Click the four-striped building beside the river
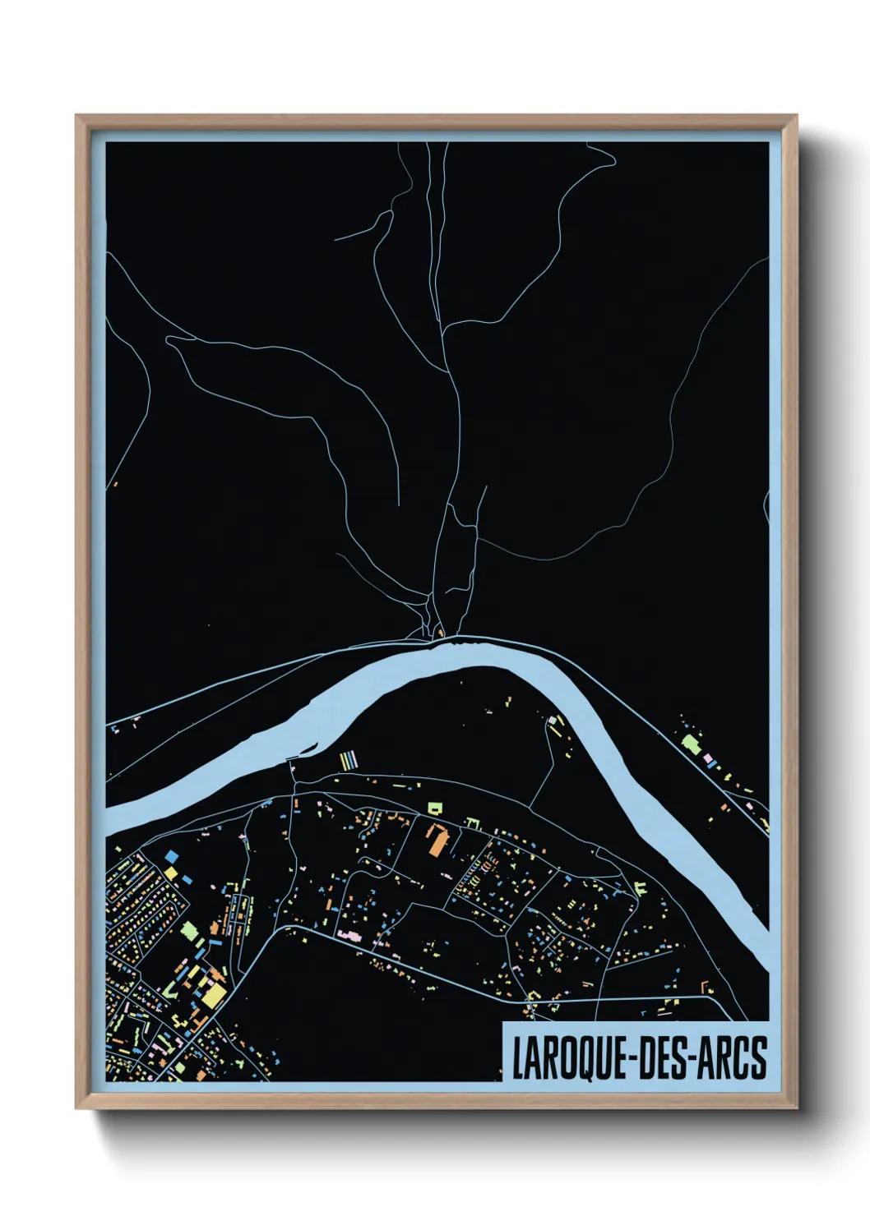coord(349,760)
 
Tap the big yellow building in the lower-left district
coord(215,996)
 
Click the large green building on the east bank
coord(690,744)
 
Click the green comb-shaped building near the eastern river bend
coord(640,888)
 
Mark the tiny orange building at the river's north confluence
coord(440,633)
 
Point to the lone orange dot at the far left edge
coord(115,484)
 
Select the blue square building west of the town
coord(171,856)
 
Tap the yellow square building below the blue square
coord(171,871)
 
